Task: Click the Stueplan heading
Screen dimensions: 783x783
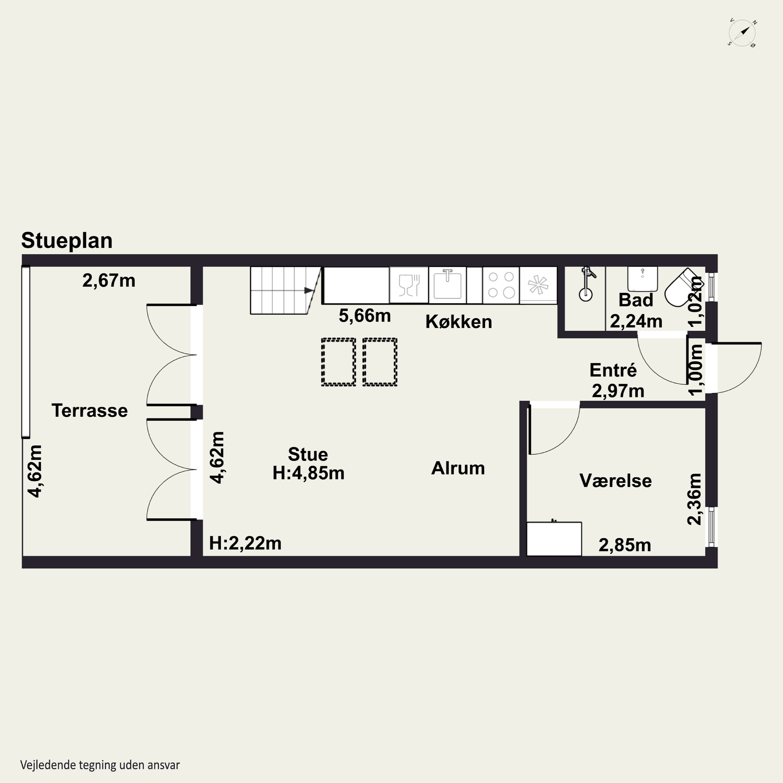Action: coord(67,241)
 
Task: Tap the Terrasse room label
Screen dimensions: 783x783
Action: coord(90,411)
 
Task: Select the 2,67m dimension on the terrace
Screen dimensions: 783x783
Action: coord(109,281)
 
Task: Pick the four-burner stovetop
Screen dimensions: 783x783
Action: coord(501,285)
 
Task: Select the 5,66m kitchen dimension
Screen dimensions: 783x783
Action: coord(365,316)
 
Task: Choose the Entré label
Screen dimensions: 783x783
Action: coord(613,370)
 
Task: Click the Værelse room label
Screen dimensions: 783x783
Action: coord(616,481)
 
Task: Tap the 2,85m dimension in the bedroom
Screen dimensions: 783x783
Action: coord(625,545)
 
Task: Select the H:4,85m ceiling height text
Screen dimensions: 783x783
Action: coord(309,473)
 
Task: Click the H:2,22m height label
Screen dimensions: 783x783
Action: coord(245,543)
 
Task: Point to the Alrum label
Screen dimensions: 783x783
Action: coord(458,468)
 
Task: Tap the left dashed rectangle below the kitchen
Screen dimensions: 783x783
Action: coord(339,361)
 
